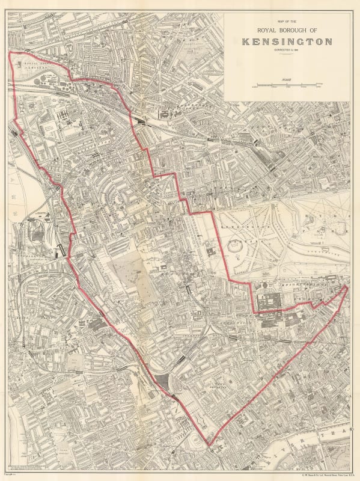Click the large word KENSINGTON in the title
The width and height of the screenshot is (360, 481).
(287, 41)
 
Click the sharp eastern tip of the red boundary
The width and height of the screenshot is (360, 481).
(347, 288)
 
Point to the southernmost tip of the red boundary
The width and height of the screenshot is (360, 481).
(209, 446)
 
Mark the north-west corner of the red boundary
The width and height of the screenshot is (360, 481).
(10, 54)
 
